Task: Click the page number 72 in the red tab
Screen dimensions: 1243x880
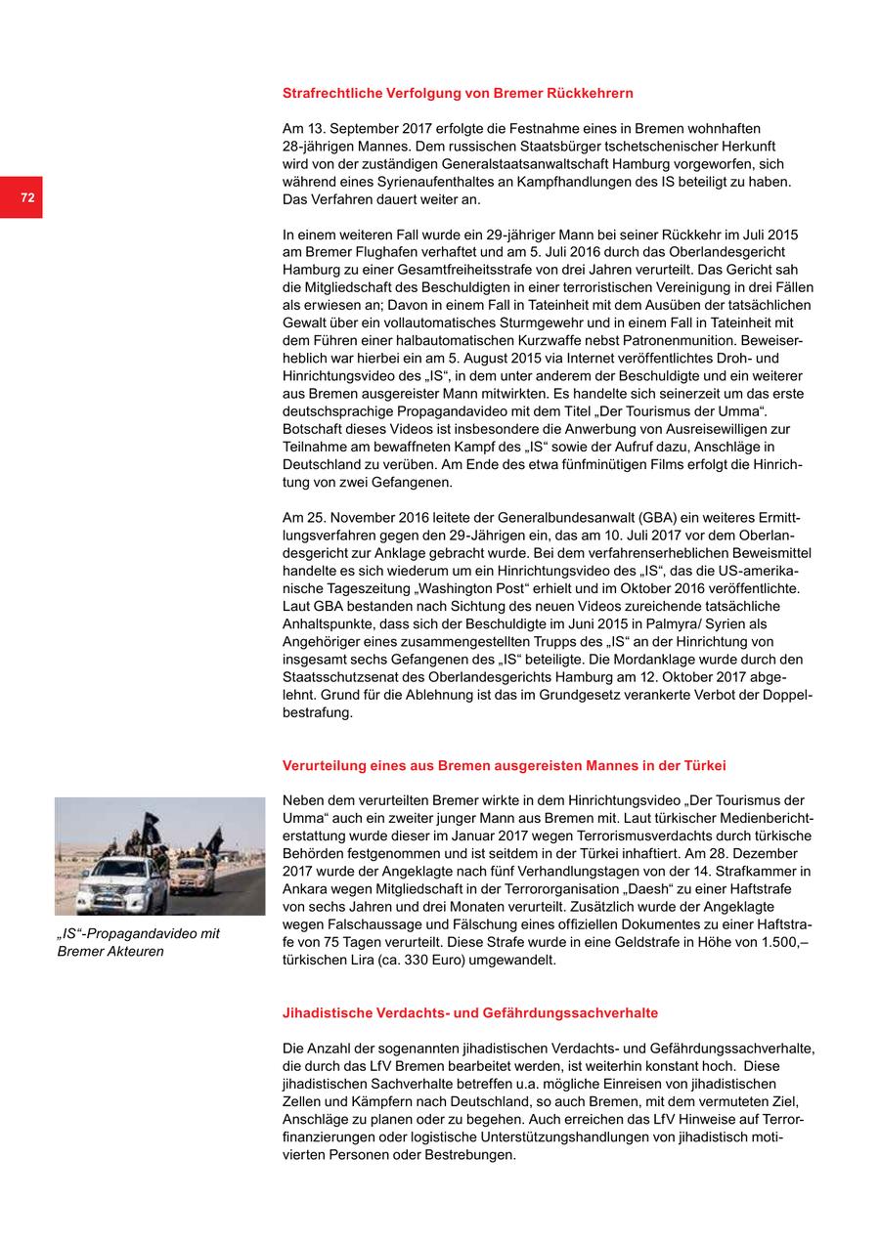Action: pyautogui.click(x=27, y=197)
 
